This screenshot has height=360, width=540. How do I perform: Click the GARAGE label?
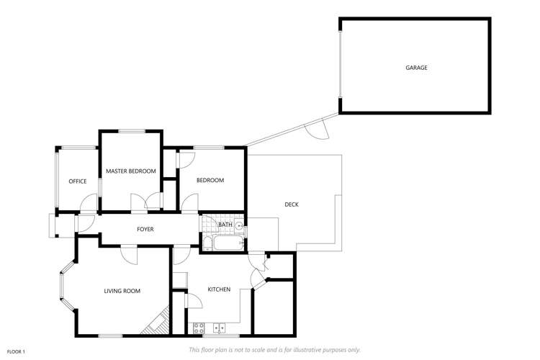(x=415, y=68)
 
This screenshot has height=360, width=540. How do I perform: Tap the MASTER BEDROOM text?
(x=130, y=171)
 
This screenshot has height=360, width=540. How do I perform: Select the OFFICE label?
(x=78, y=181)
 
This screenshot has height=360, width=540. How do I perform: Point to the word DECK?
(x=291, y=204)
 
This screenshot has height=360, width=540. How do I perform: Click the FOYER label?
(x=145, y=229)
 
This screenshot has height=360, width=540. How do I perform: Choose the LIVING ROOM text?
(x=122, y=291)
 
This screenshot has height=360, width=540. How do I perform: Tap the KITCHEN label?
(x=219, y=289)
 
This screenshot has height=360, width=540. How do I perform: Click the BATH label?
(x=225, y=225)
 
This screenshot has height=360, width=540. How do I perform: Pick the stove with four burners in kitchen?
(x=200, y=328)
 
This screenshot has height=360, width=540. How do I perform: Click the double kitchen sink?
(x=220, y=328)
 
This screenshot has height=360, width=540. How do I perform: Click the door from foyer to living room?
(x=129, y=252)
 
